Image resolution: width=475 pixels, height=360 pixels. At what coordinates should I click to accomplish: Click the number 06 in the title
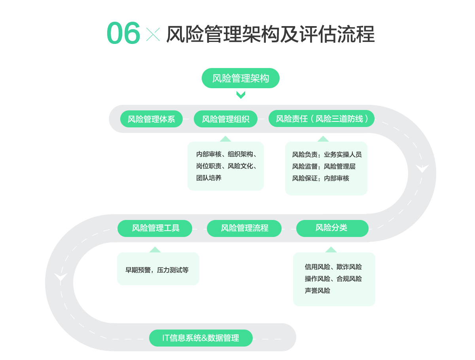pyautogui.click(x=123, y=34)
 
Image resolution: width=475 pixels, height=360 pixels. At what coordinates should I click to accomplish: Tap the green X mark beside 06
pyautogui.click(x=153, y=35)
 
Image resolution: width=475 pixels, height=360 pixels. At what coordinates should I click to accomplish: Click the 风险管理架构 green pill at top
pyautogui.click(x=240, y=78)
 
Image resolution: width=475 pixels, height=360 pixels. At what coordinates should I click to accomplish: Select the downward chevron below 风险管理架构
pyautogui.click(x=240, y=95)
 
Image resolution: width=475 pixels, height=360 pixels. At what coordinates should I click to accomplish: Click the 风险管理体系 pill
pyautogui.click(x=151, y=119)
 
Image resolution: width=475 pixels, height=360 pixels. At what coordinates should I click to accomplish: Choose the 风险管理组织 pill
pyautogui.click(x=225, y=119)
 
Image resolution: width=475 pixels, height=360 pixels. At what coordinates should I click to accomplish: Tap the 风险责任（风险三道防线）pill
pyautogui.click(x=321, y=119)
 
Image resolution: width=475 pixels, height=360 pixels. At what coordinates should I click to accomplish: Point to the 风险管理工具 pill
pyautogui.click(x=155, y=228)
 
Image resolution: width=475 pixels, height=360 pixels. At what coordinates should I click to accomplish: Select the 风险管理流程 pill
pyautogui.click(x=244, y=228)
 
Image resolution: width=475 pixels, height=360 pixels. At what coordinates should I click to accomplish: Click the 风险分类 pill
pyautogui.click(x=332, y=228)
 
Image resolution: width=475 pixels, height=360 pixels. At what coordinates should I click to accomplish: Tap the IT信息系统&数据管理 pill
pyautogui.click(x=201, y=338)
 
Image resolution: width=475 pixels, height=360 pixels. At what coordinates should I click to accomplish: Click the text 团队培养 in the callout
pyautogui.click(x=209, y=178)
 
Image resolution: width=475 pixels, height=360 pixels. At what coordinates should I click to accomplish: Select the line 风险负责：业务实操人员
pyautogui.click(x=327, y=155)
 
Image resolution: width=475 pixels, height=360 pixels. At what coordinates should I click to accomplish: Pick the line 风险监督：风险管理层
pyautogui.click(x=324, y=167)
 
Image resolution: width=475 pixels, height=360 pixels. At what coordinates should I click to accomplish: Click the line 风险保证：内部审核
pyautogui.click(x=320, y=178)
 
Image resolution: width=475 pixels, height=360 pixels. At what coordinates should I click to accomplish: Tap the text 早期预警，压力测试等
pyautogui.click(x=157, y=270)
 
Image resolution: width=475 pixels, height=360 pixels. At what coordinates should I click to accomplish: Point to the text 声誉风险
pyautogui.click(x=317, y=291)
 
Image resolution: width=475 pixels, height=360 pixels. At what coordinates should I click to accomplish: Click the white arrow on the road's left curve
pyautogui.click(x=61, y=277)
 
